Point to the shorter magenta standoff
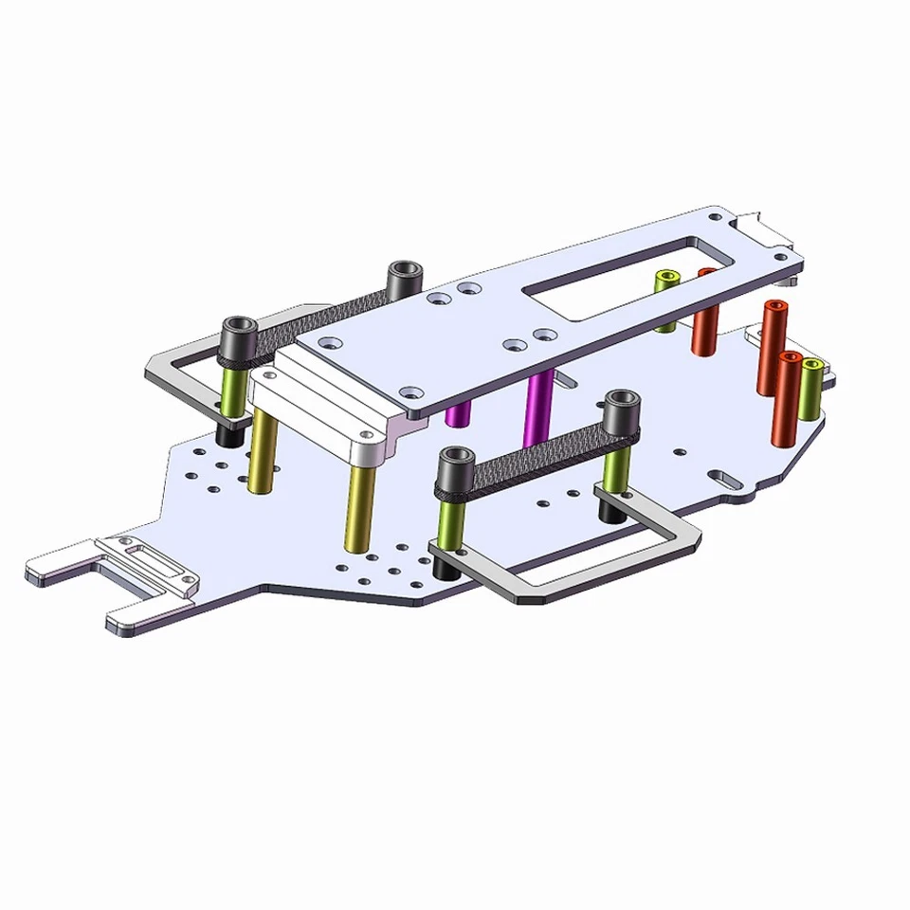coord(457,413)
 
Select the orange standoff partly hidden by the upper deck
coord(704,318)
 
